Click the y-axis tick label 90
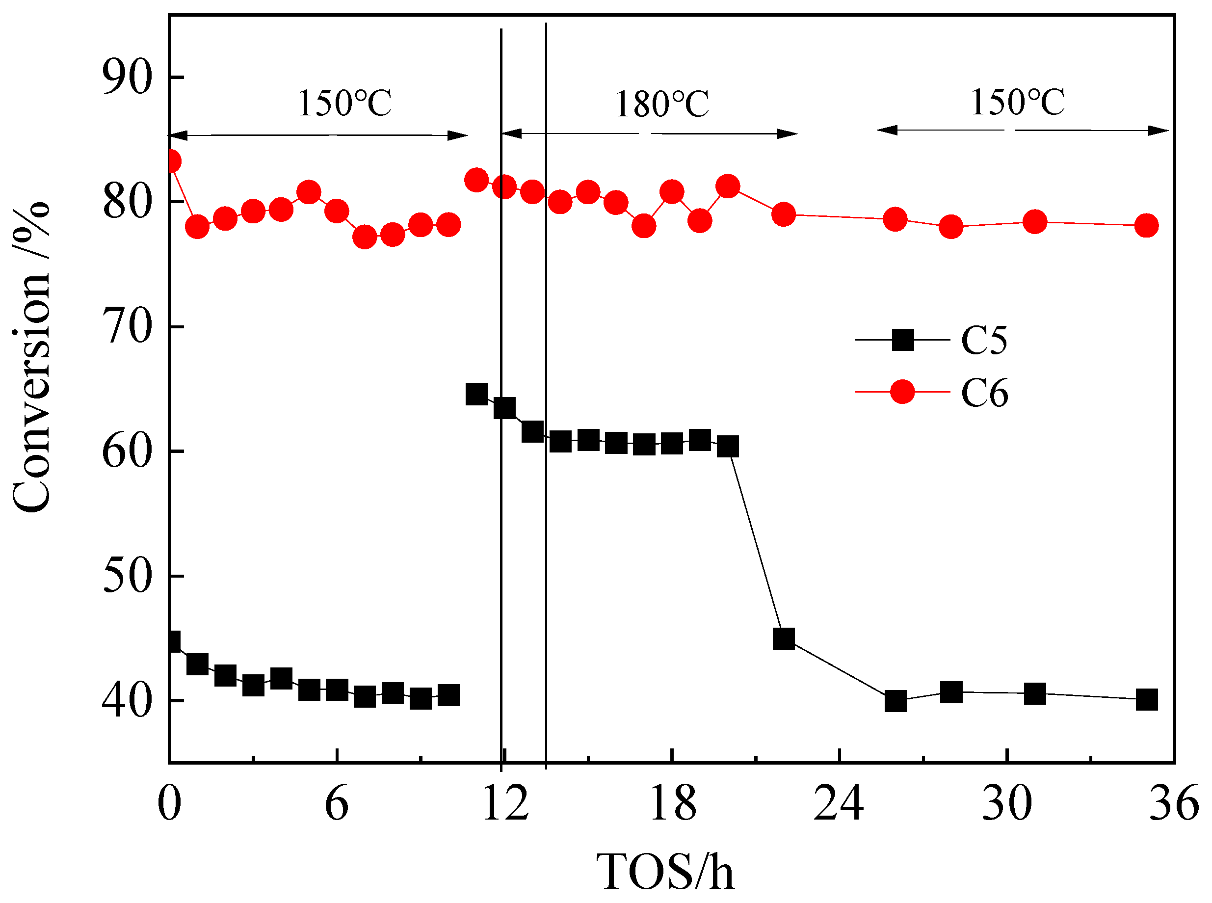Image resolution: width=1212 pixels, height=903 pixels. click(x=127, y=77)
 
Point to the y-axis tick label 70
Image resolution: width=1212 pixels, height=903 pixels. click(x=127, y=327)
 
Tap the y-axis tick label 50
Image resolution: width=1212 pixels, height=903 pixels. click(x=127, y=576)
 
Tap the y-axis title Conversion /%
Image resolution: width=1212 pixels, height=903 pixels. click(x=32, y=358)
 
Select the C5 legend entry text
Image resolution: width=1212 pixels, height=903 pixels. click(x=984, y=340)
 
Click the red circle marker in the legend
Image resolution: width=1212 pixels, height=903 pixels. click(x=902, y=392)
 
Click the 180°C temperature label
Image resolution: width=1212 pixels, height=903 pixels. click(x=662, y=105)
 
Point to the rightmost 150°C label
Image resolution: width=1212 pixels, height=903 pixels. click(x=1018, y=102)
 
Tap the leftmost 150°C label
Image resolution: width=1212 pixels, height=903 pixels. click(x=344, y=103)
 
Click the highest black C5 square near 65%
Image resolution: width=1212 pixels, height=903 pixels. click(x=476, y=394)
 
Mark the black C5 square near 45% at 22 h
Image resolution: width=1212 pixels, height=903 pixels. click(x=784, y=638)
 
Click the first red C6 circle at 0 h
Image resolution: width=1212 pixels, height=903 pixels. click(x=170, y=161)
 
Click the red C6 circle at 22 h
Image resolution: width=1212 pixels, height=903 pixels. click(x=784, y=214)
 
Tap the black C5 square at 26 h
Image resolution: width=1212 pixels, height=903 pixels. click(x=895, y=700)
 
